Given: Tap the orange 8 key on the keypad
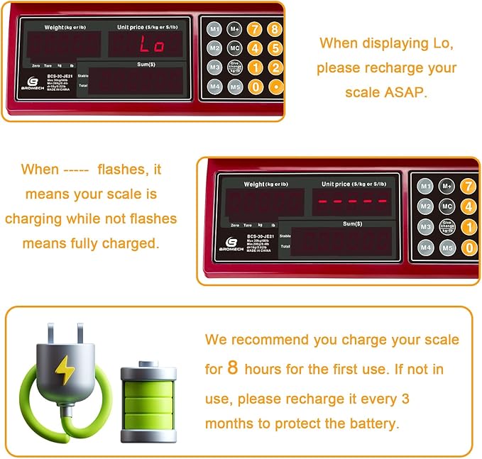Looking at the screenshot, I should click(x=275, y=30).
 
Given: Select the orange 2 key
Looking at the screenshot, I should click(x=275, y=67).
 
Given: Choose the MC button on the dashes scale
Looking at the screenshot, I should click(x=447, y=206).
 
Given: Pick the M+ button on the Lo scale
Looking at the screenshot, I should click(x=236, y=30).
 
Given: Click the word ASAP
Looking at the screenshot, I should click(x=403, y=92).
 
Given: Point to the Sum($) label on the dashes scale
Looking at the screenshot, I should click(x=352, y=223).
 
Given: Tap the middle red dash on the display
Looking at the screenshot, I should click(x=353, y=201).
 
